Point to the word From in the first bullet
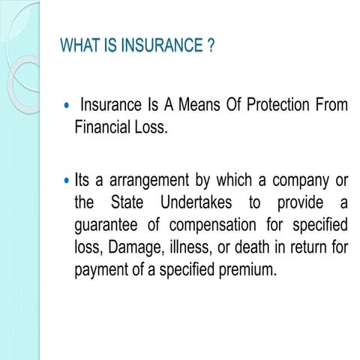coord(332,106)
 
